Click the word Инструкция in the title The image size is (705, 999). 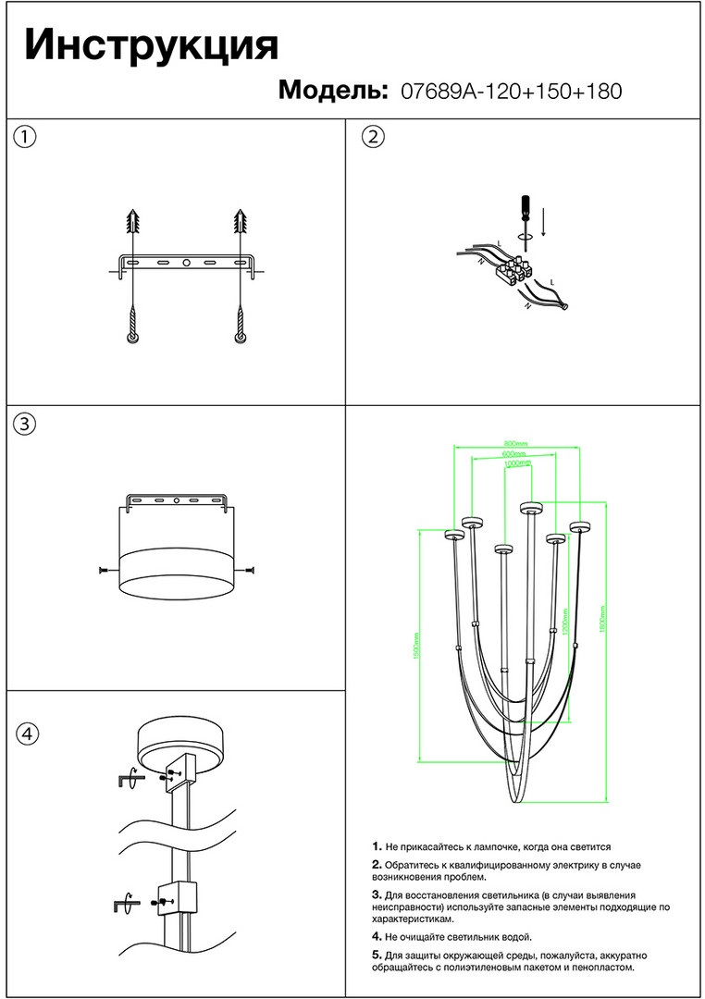[151, 45]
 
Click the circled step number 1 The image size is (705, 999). [26, 137]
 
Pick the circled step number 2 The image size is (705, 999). [372, 137]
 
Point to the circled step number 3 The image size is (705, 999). [26, 424]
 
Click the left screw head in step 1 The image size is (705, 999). [134, 339]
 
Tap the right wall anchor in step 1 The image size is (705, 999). [242, 222]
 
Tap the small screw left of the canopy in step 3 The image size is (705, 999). [103, 570]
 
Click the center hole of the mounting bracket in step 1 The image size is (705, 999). [186, 263]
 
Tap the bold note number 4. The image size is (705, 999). [377, 937]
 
